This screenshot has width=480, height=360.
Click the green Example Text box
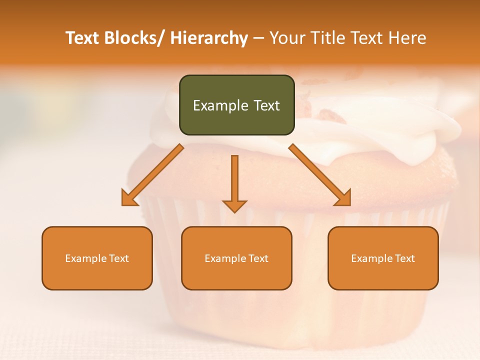(236, 105)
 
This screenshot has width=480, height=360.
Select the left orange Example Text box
(97, 258)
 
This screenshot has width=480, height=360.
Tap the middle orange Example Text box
(236, 258)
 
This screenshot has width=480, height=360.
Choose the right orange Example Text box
(383, 258)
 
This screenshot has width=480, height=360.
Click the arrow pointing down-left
(152, 175)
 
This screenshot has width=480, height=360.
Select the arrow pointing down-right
(320, 175)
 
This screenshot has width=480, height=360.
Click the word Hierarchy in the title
(209, 38)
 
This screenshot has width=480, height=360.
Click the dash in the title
(258, 38)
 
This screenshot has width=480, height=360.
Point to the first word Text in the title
(83, 38)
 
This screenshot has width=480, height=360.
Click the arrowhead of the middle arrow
(234, 205)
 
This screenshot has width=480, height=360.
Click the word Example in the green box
(217, 105)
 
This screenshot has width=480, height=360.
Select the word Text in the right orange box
(405, 258)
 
